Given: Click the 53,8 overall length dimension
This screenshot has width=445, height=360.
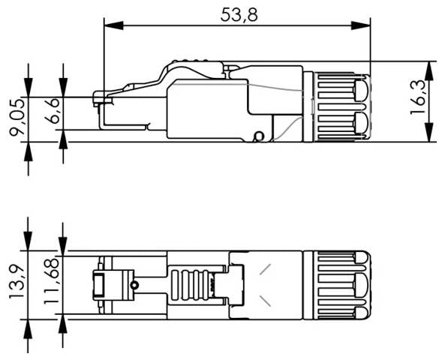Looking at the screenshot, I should click(239, 14).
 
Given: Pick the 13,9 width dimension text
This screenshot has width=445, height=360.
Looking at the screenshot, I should click(16, 278).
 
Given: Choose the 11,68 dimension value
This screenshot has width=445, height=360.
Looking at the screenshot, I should click(51, 283).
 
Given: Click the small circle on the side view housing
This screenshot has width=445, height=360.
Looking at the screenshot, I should click(260, 136).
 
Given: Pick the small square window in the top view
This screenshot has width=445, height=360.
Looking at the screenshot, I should click(98, 285).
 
